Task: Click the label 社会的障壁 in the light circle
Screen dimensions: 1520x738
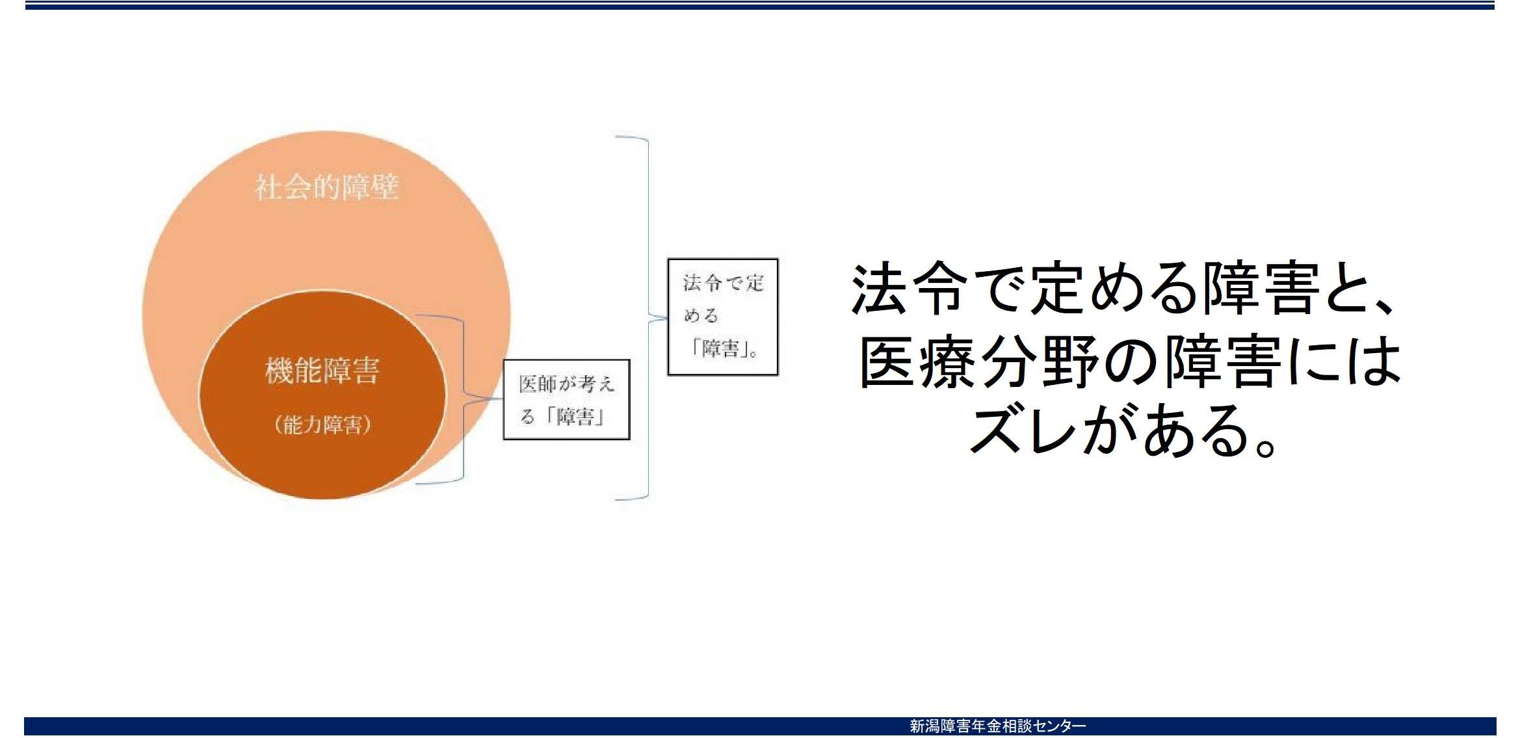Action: coord(326,187)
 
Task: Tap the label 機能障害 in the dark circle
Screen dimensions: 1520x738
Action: coord(322,371)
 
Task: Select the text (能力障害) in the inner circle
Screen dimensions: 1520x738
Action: coord(322,425)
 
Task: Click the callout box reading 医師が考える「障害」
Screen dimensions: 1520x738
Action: coord(566,400)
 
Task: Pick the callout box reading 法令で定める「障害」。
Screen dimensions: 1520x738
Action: coord(723,317)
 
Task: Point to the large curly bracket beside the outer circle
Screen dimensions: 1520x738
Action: coord(648,318)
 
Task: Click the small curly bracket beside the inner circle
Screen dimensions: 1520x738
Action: coord(464,399)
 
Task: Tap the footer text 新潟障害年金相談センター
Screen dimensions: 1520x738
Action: coord(997,726)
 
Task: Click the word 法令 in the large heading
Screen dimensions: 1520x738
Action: coord(908,289)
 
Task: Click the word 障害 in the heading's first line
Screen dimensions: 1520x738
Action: coord(1262,289)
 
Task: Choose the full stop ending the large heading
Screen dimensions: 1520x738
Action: coord(1266,446)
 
